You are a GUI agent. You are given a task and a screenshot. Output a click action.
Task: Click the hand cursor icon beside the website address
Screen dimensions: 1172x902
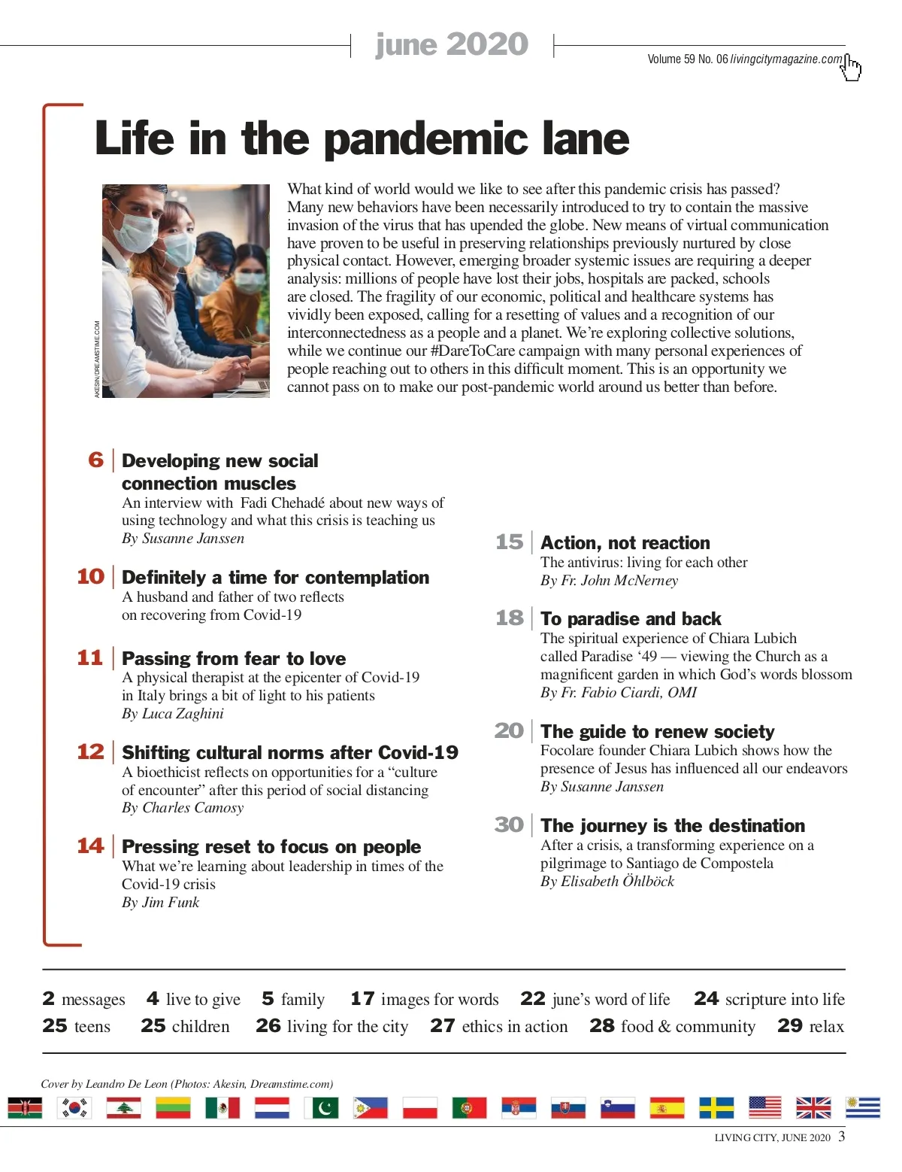point(852,68)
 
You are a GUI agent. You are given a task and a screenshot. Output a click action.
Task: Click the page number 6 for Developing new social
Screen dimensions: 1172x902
point(95,460)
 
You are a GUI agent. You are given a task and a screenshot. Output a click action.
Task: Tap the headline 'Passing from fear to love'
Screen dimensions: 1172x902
point(234,658)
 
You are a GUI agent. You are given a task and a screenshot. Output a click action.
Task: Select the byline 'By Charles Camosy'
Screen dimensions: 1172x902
point(183,807)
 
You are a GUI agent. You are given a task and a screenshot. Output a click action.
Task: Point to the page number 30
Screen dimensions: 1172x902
point(509,825)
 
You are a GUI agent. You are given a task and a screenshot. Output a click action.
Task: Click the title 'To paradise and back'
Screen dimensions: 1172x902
point(631,619)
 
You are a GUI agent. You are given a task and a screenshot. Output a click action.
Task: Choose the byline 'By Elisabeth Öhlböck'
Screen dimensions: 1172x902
point(607,881)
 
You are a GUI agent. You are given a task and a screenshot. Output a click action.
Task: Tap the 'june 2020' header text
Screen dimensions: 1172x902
point(452,44)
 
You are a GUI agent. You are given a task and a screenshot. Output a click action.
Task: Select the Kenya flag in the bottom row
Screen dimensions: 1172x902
point(25,1107)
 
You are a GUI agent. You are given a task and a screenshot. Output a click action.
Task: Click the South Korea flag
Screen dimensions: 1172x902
point(74,1107)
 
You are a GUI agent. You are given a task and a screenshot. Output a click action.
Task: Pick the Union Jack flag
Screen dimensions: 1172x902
point(813,1107)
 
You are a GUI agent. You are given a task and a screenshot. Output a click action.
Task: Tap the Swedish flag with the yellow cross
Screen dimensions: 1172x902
point(716,1107)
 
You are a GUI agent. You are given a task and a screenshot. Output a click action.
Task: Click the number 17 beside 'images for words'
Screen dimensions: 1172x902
point(362,998)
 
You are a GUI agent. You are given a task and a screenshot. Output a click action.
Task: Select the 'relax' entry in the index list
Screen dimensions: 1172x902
point(826,1026)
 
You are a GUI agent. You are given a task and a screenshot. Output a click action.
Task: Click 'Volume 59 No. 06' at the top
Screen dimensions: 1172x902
point(687,59)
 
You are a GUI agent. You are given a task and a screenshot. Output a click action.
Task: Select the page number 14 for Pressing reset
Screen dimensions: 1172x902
point(90,846)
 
